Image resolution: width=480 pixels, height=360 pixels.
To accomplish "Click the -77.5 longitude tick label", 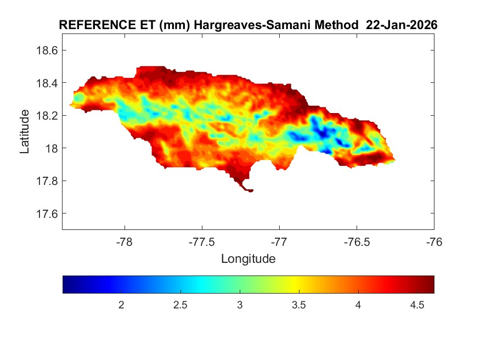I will (x=202, y=241).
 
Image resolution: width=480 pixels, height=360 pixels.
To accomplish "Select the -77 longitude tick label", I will (x=279, y=241).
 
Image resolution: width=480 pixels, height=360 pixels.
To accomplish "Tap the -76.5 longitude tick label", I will (x=357, y=241).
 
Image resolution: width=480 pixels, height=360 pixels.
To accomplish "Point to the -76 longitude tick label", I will (x=434, y=241).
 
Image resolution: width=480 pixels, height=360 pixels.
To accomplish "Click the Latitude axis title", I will (x=25, y=131).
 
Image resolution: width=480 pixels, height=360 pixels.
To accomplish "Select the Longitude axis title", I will (x=248, y=258).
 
